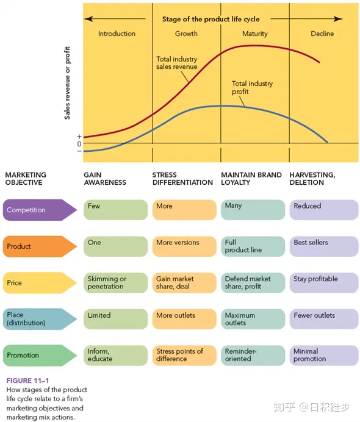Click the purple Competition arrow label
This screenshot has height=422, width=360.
point(40,210)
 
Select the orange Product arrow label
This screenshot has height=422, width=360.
point(40,246)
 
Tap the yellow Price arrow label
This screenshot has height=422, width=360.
point(40,282)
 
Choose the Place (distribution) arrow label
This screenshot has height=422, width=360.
point(40,319)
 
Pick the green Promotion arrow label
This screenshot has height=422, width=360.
point(40,356)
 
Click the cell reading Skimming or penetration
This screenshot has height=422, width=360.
point(115,282)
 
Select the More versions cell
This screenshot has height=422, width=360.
point(184,246)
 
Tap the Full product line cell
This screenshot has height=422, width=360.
point(253,246)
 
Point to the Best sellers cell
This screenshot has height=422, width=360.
point(324,246)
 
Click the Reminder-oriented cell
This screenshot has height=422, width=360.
point(253,356)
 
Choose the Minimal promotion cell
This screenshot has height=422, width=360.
point(324,356)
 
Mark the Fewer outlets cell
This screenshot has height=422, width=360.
point(324,319)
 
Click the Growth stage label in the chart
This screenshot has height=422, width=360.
point(186,34)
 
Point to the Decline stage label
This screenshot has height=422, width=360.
point(322,34)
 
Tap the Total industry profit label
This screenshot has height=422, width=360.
point(252,87)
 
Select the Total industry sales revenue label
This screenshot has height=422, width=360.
point(176,63)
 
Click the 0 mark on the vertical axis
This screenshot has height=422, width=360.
point(79,144)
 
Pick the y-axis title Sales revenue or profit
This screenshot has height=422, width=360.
point(67,83)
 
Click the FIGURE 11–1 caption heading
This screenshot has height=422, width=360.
point(27,381)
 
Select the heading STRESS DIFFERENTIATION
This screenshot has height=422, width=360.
point(182,179)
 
